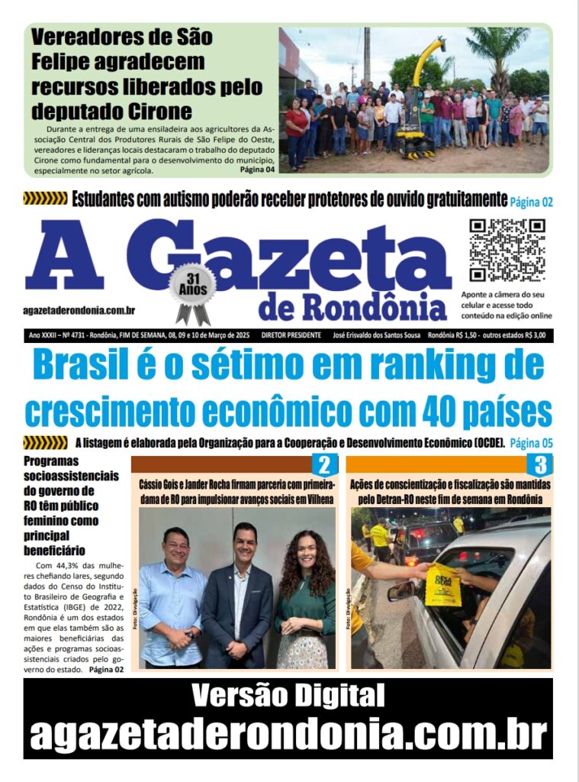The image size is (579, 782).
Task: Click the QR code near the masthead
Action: coord(507,250)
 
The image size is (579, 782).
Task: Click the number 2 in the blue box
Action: coord(324,465)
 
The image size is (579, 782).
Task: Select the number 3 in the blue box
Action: coord(540,465)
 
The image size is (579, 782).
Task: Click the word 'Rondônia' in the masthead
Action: coord(375,306)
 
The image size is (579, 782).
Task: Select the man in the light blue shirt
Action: coord(172,596)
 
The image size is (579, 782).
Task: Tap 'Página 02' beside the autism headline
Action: coord(531,202)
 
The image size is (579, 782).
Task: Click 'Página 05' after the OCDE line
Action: coord(531,443)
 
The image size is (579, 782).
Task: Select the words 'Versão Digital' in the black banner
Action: coord(288,696)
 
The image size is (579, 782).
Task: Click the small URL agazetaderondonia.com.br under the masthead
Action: coord(79,309)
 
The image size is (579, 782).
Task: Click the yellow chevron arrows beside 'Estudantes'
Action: coord(45,199)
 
